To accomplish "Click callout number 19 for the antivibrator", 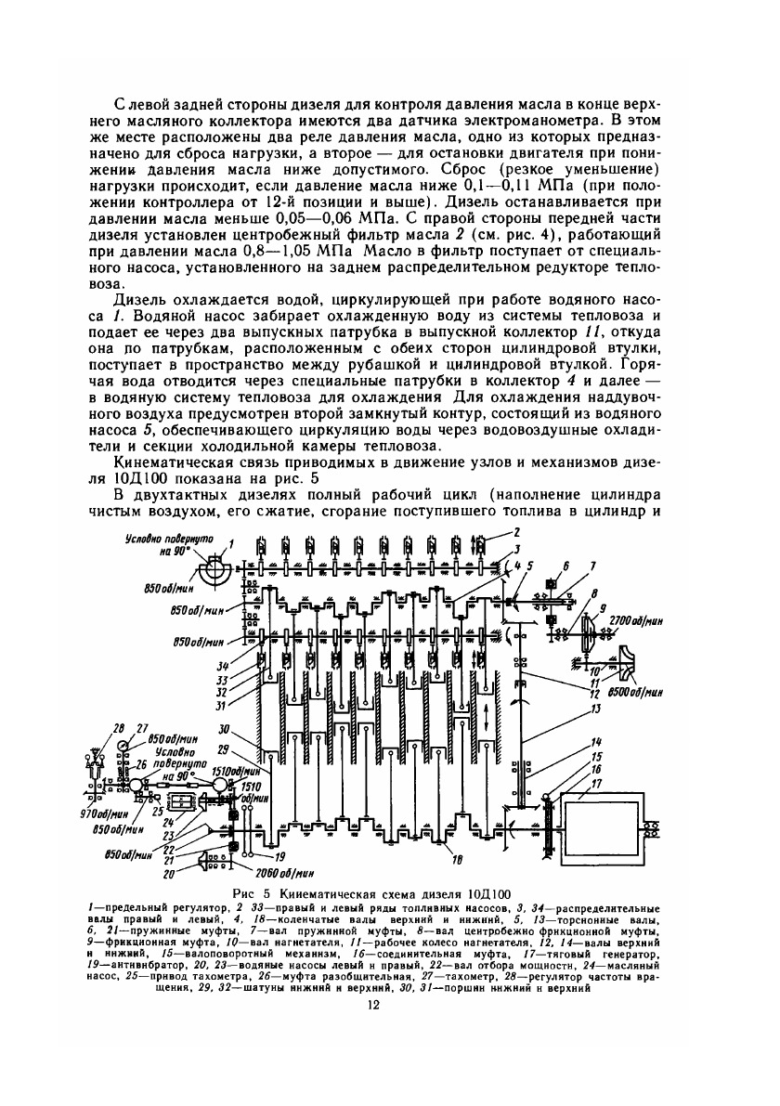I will click(279, 855).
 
